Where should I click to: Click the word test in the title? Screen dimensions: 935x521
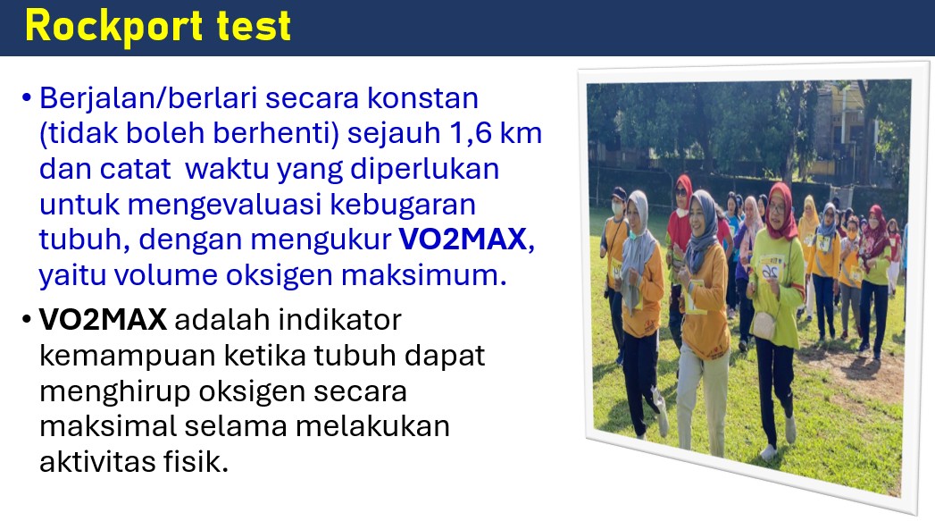point(254,27)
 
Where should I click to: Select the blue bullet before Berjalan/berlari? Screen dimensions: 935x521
point(26,98)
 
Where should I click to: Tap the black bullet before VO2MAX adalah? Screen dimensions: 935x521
point(26,320)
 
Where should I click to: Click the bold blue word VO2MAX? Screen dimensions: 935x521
point(463,239)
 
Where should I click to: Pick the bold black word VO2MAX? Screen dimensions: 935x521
point(103,320)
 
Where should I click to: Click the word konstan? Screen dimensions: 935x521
point(422,98)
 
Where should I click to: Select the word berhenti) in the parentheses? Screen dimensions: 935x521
point(276,134)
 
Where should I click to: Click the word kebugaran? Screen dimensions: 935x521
point(403,205)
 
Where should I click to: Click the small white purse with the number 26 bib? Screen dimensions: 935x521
point(764,324)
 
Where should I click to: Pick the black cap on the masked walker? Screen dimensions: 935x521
point(618,194)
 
